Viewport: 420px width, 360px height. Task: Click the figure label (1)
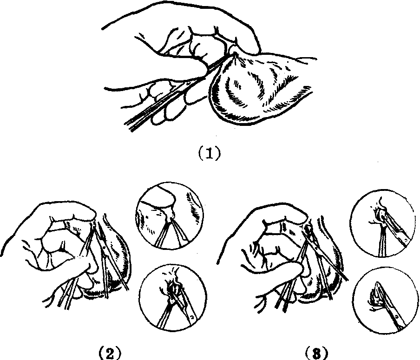tap(210, 153)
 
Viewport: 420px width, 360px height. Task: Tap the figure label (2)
tap(110, 352)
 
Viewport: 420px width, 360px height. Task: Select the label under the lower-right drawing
tap(316, 353)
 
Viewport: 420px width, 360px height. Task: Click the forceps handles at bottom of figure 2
tap(66, 297)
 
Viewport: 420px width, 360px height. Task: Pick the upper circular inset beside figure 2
tap(169, 216)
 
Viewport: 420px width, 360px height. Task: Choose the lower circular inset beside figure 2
tap(173, 298)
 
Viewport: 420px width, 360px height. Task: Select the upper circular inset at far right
tap(382, 223)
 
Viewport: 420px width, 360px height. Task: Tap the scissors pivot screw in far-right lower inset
tap(396, 317)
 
